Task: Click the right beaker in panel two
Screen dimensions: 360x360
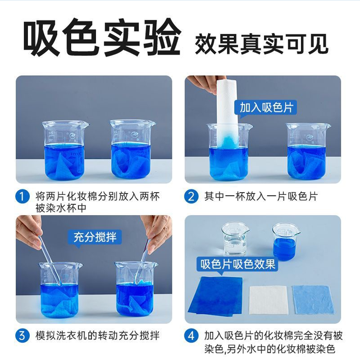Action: [307, 151]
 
